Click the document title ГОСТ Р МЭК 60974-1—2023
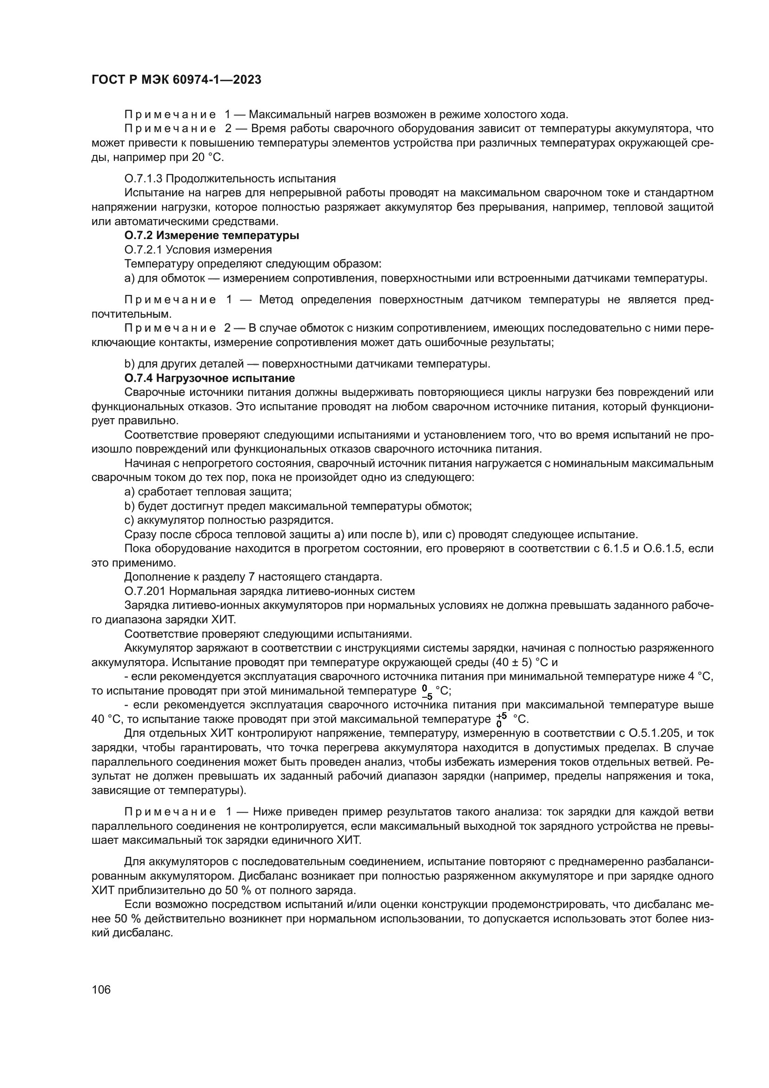[176, 80]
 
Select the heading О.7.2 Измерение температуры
[212, 235]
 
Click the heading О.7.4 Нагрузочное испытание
[209, 378]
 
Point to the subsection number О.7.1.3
[143, 179]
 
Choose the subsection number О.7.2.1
[143, 250]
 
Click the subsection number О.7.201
[145, 591]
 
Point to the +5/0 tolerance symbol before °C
[502, 719]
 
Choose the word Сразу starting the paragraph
[139, 534]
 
